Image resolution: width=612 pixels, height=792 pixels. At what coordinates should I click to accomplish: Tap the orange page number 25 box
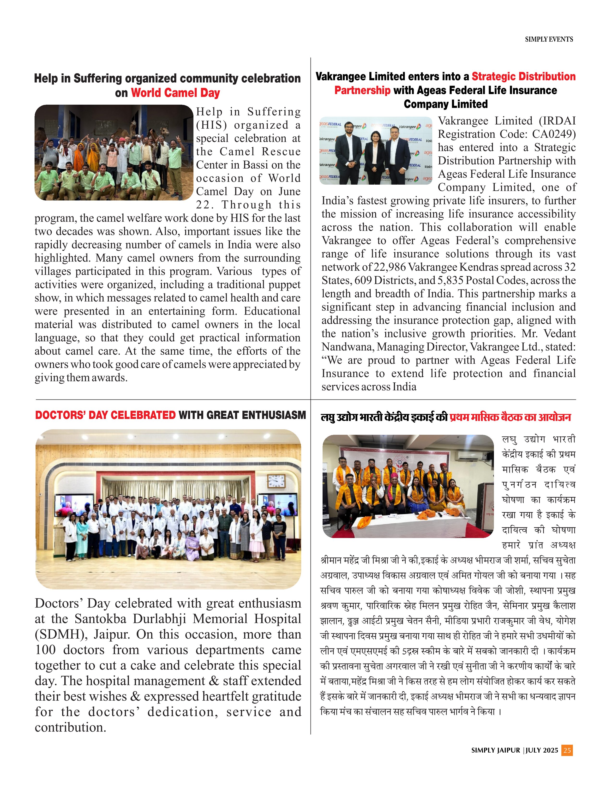point(567,750)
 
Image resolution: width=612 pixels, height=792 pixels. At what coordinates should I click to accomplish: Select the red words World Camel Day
point(175,93)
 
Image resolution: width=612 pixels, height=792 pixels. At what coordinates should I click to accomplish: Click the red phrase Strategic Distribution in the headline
point(523,77)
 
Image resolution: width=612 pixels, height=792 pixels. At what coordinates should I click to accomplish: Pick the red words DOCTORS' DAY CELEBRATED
point(105,415)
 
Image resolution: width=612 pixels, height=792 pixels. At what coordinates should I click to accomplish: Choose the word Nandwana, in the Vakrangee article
point(347,347)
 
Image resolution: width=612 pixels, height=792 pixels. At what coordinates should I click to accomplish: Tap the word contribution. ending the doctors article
point(70,727)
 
